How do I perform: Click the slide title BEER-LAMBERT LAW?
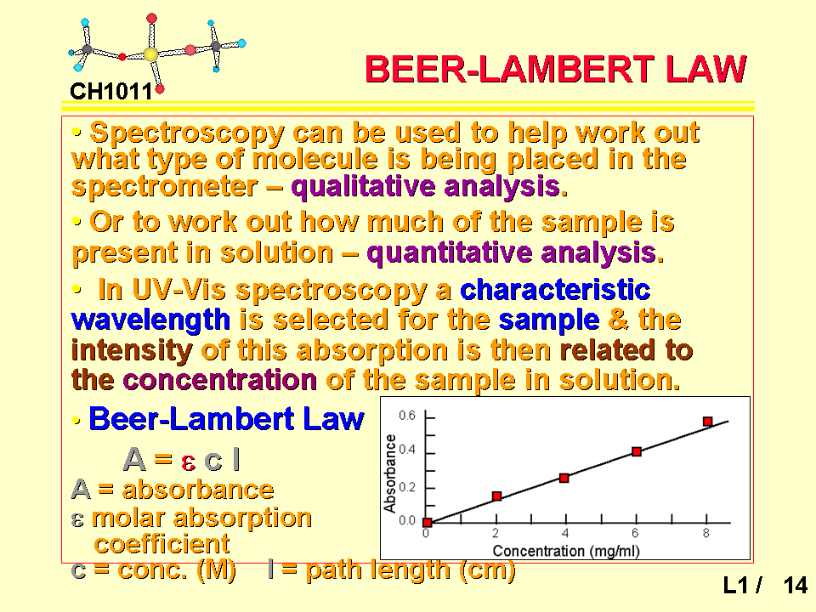[556, 69]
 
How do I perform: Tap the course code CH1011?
[110, 92]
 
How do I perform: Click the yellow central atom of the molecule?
[150, 54]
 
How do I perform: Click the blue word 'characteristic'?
[555, 289]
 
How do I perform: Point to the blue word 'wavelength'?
[150, 320]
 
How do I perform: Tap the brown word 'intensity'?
[132, 350]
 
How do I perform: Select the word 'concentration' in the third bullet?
[219, 380]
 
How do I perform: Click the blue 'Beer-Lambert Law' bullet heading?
[226, 419]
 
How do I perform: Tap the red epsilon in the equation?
[189, 462]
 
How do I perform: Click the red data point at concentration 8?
[708, 422]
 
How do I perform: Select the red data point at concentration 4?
[564, 478]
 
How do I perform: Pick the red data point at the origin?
[428, 523]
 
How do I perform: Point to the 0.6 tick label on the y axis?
[407, 416]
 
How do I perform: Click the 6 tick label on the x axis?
[635, 534]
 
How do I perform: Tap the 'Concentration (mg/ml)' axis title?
[566, 551]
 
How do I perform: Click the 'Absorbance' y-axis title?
[390, 473]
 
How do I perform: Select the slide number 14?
[796, 586]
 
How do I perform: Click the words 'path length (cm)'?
[411, 569]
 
